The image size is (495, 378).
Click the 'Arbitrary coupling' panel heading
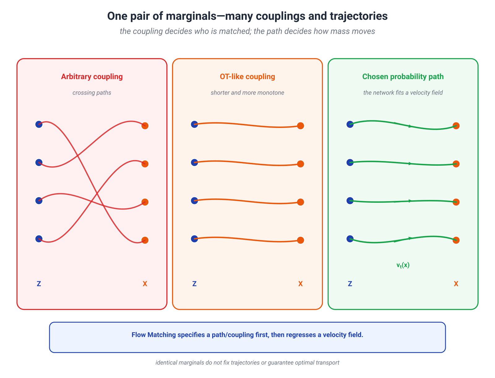[92, 77]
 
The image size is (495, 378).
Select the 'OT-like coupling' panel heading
[247, 77]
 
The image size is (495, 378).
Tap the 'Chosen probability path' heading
[403, 77]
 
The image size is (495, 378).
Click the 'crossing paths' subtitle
[92, 93]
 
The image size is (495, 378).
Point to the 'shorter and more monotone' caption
[247, 93]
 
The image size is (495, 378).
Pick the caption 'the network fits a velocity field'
[403, 93]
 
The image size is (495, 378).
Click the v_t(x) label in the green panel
[403, 265]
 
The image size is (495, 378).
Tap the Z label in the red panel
[39, 284]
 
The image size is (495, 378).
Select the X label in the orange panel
[300, 284]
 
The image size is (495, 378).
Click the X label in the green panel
[456, 284]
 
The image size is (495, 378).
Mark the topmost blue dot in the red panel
[39, 124]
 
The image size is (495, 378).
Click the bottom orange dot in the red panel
[145, 240]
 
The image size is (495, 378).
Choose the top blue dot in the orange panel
[194, 124]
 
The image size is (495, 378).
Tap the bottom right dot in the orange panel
[300, 240]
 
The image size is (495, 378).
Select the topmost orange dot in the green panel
[456, 126]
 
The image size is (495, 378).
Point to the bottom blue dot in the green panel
[350, 239]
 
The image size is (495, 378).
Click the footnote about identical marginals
[247, 363]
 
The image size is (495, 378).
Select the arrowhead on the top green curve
[411, 126]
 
